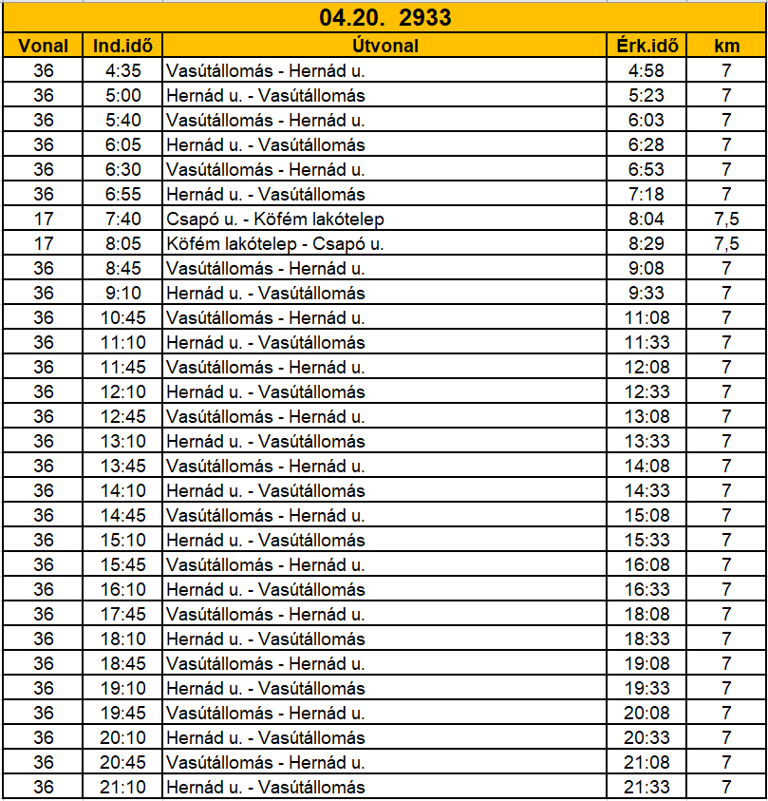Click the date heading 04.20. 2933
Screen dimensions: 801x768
coord(384,18)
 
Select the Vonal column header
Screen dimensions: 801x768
coord(44,45)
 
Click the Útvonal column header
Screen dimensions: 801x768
coord(384,45)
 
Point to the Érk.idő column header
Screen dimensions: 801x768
coord(646,45)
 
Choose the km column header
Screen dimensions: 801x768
coord(726,45)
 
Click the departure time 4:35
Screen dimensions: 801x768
coord(122,70)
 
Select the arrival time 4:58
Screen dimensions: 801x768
coord(646,70)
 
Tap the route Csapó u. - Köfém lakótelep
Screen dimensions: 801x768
coord(275,219)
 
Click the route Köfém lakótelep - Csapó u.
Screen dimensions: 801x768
coord(275,243)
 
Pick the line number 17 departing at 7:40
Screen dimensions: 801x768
coord(44,219)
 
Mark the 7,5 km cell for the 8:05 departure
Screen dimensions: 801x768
coord(726,243)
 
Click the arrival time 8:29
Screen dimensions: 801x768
coord(646,243)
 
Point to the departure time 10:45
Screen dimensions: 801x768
coord(122,317)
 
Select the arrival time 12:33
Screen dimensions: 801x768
coord(646,391)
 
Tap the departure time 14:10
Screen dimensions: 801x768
coord(122,490)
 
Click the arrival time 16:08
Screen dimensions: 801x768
coord(646,564)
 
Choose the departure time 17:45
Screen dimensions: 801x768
coord(122,614)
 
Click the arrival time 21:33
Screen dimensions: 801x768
coord(646,787)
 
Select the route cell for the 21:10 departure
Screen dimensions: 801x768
coord(266,787)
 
